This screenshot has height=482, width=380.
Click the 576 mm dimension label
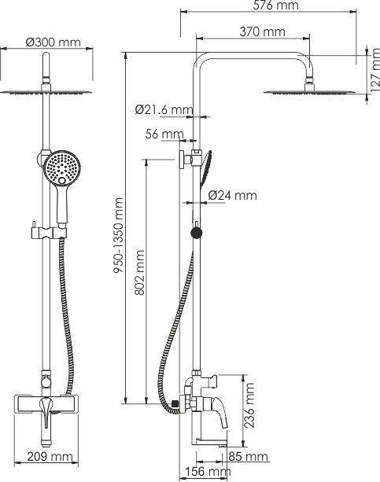tap(275, 5)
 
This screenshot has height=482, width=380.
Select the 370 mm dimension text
tap(262, 31)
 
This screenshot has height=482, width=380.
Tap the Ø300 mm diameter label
tap(53, 42)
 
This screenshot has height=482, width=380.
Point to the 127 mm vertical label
tap(375, 70)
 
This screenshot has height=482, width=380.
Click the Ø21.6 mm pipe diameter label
tap(164, 109)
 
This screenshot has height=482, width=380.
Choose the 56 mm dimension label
tap(164, 134)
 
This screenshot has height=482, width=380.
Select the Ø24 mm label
tap(232, 195)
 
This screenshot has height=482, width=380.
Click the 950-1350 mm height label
tap(119, 235)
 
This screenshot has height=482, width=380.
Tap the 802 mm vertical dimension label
tap(140, 273)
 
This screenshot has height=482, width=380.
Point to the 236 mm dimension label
tap(249, 405)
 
